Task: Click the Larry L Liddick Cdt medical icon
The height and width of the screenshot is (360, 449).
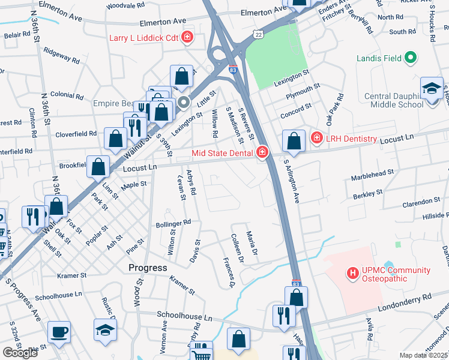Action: [187, 38]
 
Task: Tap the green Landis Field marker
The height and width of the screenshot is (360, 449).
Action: [411, 58]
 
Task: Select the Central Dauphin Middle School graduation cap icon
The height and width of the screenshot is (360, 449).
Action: [432, 88]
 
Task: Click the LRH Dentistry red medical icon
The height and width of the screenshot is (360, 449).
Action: [316, 139]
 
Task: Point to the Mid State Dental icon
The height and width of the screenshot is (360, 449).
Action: [262, 153]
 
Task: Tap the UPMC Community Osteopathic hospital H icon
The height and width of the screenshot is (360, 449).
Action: [353, 274]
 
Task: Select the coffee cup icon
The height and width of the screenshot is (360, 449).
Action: [59, 331]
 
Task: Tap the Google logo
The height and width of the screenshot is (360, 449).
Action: [20, 353]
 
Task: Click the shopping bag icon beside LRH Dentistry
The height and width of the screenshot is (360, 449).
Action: [294, 142]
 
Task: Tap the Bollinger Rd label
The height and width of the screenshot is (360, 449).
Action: [173, 223]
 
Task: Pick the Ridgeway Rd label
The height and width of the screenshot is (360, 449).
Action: [61, 56]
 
